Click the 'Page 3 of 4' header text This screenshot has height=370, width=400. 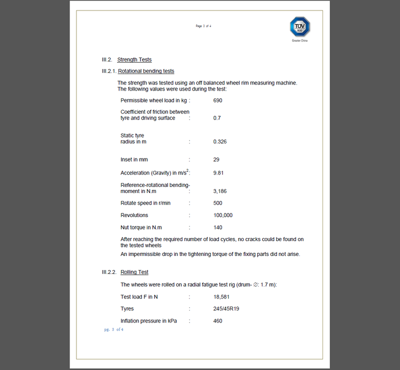click(203, 26)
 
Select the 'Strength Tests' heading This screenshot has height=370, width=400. click(134, 60)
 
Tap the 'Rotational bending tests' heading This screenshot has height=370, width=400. click(146, 71)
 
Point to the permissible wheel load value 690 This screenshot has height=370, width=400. click(217, 100)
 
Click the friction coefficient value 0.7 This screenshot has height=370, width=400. click(217, 118)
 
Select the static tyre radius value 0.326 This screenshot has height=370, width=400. click(220, 141)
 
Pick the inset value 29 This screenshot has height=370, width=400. click(216, 159)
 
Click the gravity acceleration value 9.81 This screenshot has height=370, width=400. click(218, 173)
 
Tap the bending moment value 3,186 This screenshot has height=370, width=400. click(220, 191)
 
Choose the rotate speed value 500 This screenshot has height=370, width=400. click(217, 203)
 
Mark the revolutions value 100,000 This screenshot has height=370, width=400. click(223, 215)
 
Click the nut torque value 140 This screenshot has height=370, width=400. click(217, 227)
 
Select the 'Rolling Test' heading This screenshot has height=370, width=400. click(134, 272)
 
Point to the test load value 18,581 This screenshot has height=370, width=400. click(221, 296)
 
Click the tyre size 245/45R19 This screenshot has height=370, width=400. click(226, 308)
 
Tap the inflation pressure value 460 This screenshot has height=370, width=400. click(217, 320)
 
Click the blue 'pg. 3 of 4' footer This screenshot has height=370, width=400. click(114, 329)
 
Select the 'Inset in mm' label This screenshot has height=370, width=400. click(134, 159)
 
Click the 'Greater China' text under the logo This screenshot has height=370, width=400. click(300, 40)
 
